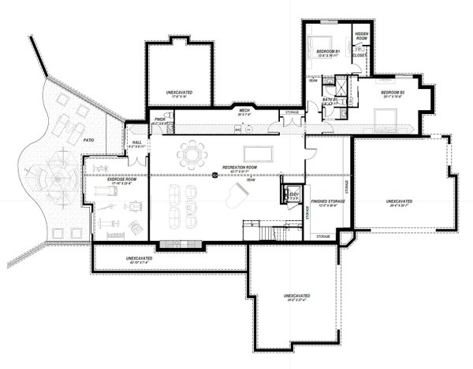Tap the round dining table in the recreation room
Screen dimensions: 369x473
point(191,153)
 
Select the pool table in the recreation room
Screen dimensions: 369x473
point(259,153)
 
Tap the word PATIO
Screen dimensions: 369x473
point(89,141)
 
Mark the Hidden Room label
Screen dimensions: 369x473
point(363,37)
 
